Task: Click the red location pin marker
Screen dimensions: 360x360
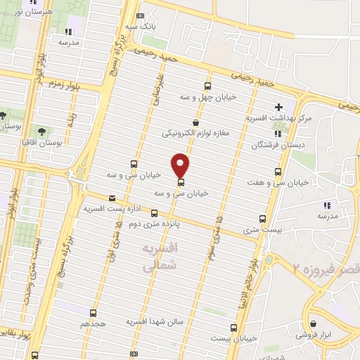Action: click(181, 165)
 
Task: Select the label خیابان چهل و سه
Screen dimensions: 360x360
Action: click(207, 96)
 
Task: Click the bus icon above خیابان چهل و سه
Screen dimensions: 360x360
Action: click(207, 85)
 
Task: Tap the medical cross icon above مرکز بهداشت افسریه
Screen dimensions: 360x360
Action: click(279, 108)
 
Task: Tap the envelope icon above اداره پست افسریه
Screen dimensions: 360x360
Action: click(111, 198)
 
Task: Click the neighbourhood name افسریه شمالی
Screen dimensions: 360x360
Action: click(155, 257)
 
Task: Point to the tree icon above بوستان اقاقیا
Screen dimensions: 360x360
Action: click(42, 131)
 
